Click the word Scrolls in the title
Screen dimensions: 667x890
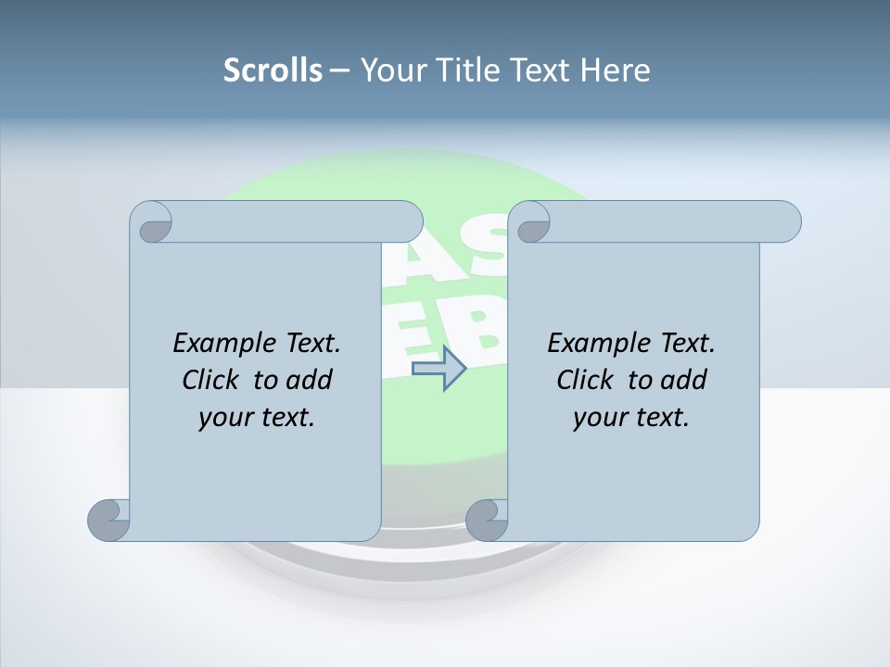click(x=273, y=69)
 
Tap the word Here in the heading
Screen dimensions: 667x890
click(x=616, y=69)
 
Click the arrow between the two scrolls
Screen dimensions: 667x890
click(x=439, y=369)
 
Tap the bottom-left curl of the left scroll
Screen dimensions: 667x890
click(x=108, y=520)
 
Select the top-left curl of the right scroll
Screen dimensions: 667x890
click(x=532, y=223)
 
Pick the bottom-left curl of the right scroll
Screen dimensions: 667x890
click(x=486, y=520)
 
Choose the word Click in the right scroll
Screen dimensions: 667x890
click(x=586, y=380)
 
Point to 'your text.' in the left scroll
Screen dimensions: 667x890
click(x=257, y=417)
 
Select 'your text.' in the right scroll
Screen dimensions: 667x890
click(x=631, y=417)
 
